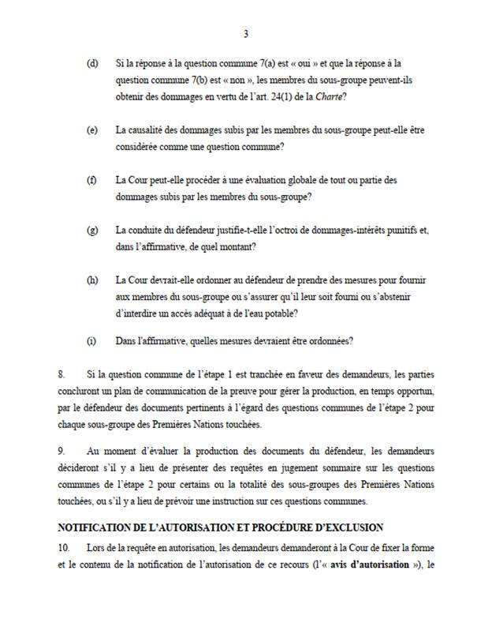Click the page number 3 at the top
click(x=246, y=34)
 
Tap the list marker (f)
click(x=92, y=179)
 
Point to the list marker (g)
click(x=92, y=230)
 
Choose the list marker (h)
click(x=92, y=280)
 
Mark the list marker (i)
click(x=91, y=342)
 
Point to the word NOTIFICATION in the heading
click(x=95, y=527)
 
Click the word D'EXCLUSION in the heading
click(x=341, y=527)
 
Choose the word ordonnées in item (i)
click(x=330, y=342)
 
